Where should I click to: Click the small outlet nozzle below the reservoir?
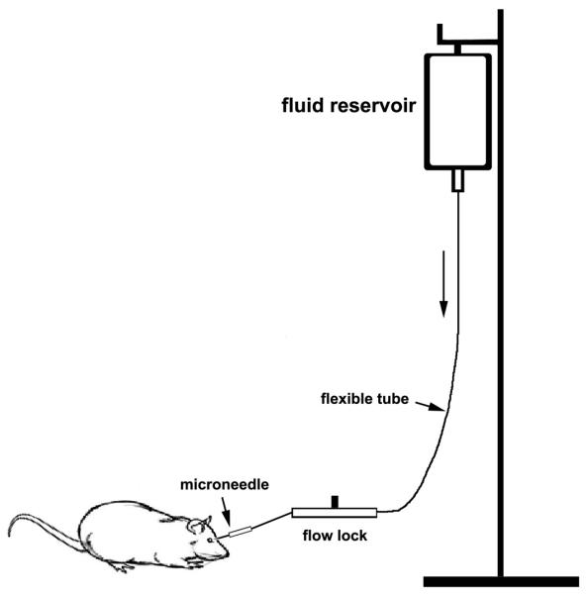tap(457, 181)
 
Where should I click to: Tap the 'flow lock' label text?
tap(334, 539)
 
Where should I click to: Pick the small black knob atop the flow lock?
tap(335, 500)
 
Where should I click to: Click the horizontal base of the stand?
tap(501, 581)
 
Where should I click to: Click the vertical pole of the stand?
tap(502, 297)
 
